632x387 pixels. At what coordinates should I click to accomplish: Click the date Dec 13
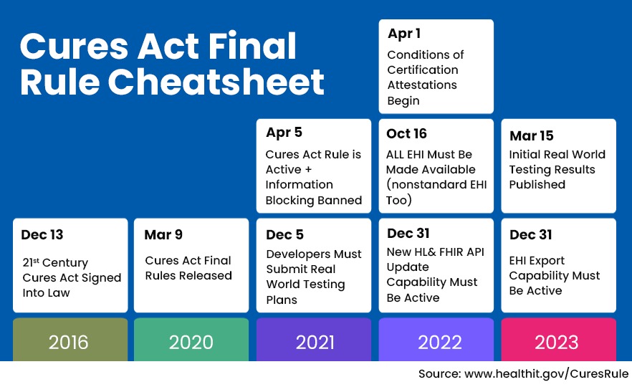pos(42,234)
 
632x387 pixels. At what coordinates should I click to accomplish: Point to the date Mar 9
pos(163,234)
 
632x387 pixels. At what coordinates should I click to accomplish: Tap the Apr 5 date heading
pos(284,133)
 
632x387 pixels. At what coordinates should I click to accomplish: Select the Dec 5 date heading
pos(284,234)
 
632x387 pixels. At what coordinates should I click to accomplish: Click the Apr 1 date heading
pos(404,34)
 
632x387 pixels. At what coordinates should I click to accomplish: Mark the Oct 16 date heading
pos(406,134)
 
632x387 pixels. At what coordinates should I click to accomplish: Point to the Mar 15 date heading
pos(531,136)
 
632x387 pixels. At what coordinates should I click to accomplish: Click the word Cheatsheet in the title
pos(216,82)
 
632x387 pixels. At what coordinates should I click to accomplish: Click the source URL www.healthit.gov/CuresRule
pos(546,374)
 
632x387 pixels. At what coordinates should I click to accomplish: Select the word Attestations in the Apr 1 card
pos(422,85)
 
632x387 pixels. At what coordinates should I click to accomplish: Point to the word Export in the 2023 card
pos(547,261)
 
